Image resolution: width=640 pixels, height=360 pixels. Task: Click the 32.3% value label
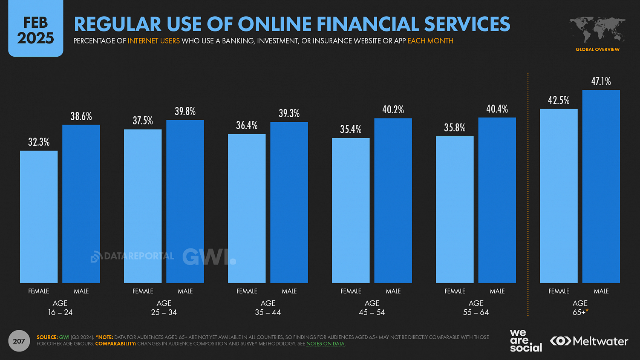[x=39, y=142]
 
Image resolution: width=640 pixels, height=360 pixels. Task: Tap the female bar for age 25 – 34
[x=143, y=206]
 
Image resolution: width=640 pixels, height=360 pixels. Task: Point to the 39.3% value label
[x=289, y=113]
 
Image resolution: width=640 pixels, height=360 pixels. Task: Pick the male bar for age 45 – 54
[x=393, y=201]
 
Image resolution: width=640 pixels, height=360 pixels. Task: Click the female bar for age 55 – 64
[x=455, y=210]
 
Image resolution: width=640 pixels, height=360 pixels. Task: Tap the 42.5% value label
[x=559, y=101]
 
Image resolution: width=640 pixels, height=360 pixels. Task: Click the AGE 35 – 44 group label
[x=268, y=308]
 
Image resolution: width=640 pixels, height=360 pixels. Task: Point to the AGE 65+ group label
[x=580, y=308]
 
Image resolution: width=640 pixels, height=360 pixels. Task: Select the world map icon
[x=597, y=30]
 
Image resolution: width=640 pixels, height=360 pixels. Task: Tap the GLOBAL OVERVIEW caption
[x=597, y=49]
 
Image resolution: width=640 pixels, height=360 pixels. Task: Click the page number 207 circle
[x=19, y=341]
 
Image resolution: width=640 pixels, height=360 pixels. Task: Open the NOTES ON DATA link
[x=325, y=344]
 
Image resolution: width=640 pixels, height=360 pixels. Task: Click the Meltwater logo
[x=589, y=341]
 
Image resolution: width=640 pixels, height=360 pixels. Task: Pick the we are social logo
[x=525, y=341]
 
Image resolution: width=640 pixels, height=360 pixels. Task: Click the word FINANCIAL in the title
[x=368, y=24]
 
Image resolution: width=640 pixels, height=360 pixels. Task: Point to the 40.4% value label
[x=497, y=109]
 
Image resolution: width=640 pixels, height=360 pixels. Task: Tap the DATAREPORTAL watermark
[x=133, y=256]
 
